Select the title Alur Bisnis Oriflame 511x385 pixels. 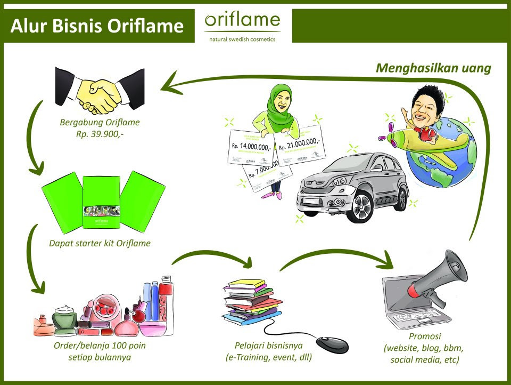tap(97, 26)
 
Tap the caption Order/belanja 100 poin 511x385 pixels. tap(100, 346)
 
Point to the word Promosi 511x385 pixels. tap(424, 336)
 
